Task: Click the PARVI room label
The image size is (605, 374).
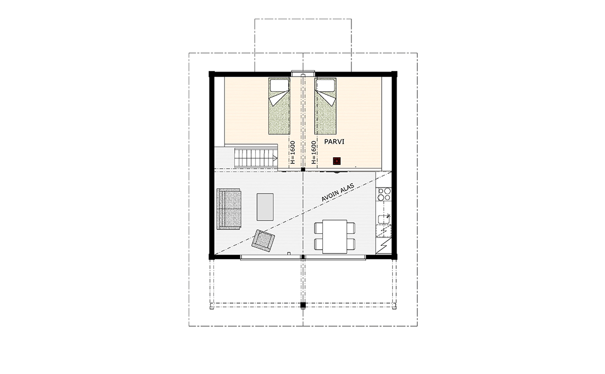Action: (334, 142)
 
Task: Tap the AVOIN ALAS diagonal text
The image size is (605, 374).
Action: (338, 192)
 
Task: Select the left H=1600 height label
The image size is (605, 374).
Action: (293, 152)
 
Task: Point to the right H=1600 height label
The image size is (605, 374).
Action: (313, 152)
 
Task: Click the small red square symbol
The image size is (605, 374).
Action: (337, 160)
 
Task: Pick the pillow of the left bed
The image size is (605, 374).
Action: (279, 85)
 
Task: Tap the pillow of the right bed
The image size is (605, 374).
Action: (325, 85)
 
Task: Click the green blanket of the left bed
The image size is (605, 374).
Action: (279, 112)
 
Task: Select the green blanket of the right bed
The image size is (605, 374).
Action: (325, 112)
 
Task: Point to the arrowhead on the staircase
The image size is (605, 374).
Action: (275, 158)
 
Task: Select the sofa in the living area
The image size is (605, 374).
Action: (229, 209)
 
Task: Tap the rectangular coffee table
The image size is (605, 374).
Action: (265, 207)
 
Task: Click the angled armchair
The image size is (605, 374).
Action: (263, 240)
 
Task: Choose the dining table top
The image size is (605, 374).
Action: (334, 236)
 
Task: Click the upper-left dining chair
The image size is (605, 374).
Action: (318, 228)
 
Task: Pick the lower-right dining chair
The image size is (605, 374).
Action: (350, 244)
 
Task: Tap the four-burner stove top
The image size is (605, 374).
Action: (384, 194)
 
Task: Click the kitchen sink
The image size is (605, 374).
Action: (384, 219)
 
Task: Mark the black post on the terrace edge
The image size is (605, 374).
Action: (303, 305)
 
